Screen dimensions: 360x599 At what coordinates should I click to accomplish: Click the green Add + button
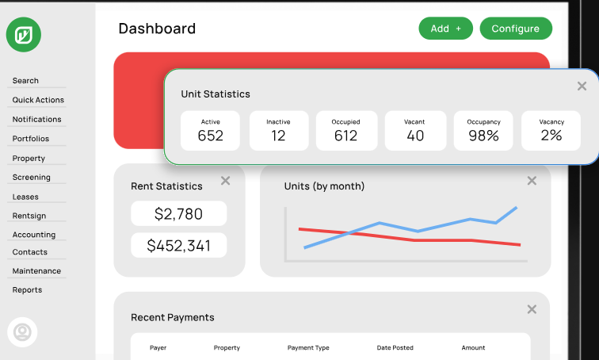coord(445,29)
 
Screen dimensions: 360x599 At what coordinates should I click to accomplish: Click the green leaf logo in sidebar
coord(23,34)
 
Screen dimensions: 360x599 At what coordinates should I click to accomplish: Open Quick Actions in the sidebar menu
coord(38,100)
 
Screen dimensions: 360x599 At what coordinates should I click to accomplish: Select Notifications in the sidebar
coord(36,119)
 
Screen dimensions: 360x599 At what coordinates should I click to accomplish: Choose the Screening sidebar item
coord(31,178)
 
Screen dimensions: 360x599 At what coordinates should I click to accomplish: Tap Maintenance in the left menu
coord(36,271)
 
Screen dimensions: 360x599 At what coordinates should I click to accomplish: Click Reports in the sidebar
coord(27,290)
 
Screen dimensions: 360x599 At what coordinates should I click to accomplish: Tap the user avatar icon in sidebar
coord(22,331)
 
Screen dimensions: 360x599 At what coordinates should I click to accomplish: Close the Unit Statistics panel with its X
coord(582,86)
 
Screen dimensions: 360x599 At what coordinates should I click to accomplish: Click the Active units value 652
coord(211,136)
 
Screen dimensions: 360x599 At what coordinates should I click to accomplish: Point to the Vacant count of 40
coord(415,136)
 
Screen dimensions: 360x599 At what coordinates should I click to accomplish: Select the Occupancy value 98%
coord(483,136)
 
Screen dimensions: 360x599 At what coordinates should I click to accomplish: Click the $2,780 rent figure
coord(179,214)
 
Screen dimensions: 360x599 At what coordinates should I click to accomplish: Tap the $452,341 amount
coord(179,246)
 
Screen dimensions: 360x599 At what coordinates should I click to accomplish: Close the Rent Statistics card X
coord(225,181)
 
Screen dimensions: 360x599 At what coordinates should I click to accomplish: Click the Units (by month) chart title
coord(324,186)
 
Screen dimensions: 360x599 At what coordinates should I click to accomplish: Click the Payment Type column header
coord(308,348)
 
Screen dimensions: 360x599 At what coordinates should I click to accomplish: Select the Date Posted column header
coord(395,348)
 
